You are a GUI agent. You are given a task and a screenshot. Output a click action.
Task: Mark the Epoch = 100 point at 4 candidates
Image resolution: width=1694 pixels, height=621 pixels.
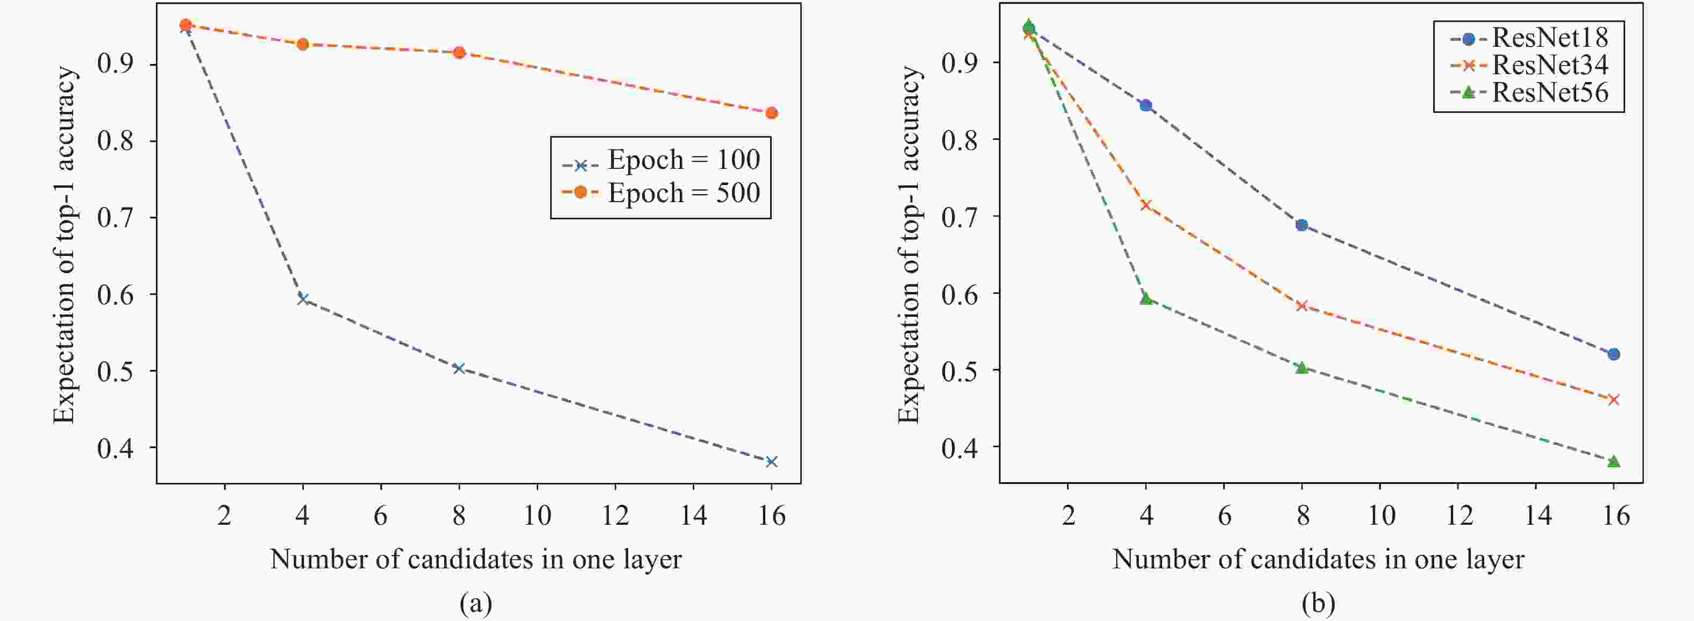[x=302, y=299]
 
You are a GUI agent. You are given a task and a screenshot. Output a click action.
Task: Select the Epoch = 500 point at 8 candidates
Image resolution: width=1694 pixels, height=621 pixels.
[x=459, y=53]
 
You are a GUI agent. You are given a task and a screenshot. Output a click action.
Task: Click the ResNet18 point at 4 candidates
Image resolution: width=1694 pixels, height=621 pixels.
[x=1145, y=105]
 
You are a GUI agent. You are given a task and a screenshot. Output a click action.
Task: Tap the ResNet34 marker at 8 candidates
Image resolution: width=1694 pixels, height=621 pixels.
[x=1301, y=305]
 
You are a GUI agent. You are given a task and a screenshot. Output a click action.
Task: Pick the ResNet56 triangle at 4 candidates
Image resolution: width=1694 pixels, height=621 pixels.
[x=1145, y=298]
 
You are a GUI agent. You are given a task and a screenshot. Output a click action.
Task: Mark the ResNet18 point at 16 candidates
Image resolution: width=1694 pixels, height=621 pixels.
[x=1613, y=354]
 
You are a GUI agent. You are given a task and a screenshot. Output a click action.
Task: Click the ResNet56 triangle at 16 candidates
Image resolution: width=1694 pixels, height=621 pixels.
[x=1613, y=461]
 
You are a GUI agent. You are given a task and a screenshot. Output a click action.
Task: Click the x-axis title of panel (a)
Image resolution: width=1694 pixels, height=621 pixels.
[x=475, y=560]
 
